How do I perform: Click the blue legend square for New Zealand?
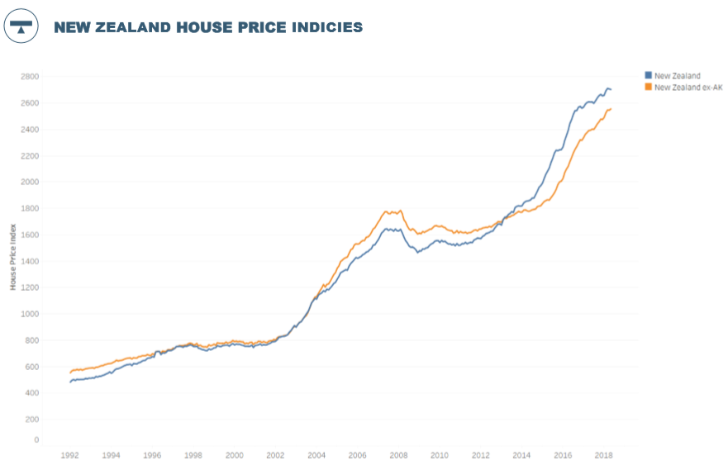tap(648, 75)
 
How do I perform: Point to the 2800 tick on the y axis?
tap(30, 76)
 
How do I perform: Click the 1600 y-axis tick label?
tap(30, 235)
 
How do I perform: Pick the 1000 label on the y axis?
tap(30, 314)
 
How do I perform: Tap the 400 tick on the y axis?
tap(31, 393)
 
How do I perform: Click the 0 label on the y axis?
tap(36, 439)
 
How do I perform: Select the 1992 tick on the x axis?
tap(70, 455)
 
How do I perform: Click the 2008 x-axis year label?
tap(398, 455)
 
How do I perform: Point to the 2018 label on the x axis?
tap(603, 455)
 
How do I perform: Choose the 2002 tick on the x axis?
tap(275, 455)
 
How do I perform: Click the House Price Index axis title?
tap(13, 259)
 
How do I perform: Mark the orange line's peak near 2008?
tap(385, 211)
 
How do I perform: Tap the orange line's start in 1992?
tap(70, 373)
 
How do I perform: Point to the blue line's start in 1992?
tap(70, 382)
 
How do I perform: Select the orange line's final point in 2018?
tap(611, 109)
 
